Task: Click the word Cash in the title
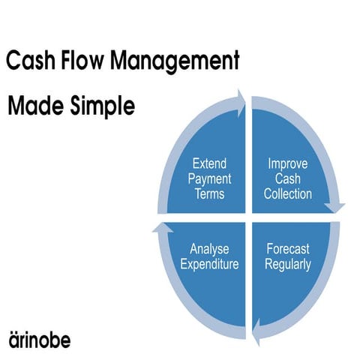click(30, 61)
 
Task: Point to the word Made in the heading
click(32, 106)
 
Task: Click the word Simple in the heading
click(99, 107)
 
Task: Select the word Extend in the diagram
click(210, 163)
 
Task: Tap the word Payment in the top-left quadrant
click(210, 178)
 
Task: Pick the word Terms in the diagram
click(210, 194)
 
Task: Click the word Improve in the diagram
click(288, 163)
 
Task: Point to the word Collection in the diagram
click(288, 194)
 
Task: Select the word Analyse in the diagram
click(209, 249)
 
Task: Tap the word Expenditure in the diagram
click(209, 265)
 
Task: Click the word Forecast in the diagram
click(288, 249)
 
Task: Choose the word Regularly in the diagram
click(288, 265)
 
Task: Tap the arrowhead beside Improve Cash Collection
click(339, 207)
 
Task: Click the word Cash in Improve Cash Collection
click(288, 178)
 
